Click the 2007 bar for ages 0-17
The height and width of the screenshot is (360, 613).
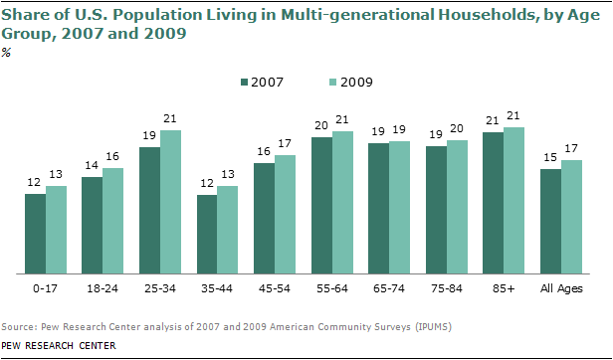point(35,233)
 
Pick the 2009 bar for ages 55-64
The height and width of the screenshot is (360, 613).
point(343,201)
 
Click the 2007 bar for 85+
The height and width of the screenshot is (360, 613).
point(493,201)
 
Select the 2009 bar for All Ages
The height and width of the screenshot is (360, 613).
point(571,216)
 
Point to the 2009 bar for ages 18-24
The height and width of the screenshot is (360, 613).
point(113,220)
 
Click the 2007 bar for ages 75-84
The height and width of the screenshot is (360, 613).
point(436,209)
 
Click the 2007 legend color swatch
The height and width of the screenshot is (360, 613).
point(244,82)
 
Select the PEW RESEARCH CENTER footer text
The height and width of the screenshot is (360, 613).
point(59,345)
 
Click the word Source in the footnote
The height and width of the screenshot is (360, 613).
point(18,326)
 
